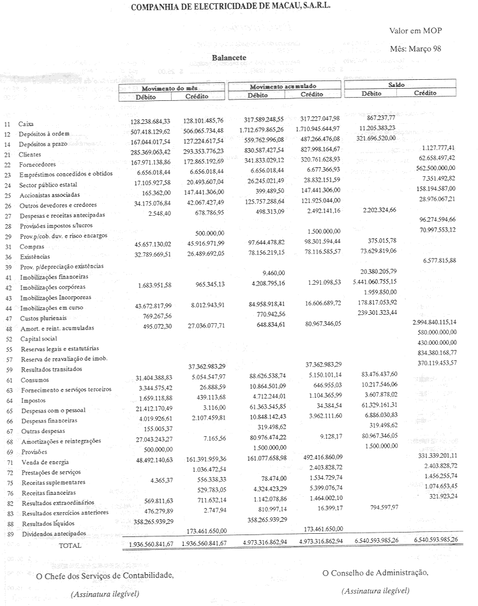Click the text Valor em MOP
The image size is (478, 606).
pos(415,31)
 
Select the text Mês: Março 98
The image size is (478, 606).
pos(415,49)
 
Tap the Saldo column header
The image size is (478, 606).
pos(396,85)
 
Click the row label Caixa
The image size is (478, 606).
pos(26,124)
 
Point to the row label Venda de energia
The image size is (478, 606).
pos(42,462)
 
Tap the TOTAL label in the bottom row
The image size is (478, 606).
pos(70,546)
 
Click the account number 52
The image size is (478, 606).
pos(7,338)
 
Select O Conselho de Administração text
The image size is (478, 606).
pos(375,572)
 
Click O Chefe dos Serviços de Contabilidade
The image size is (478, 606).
pos(105,576)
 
